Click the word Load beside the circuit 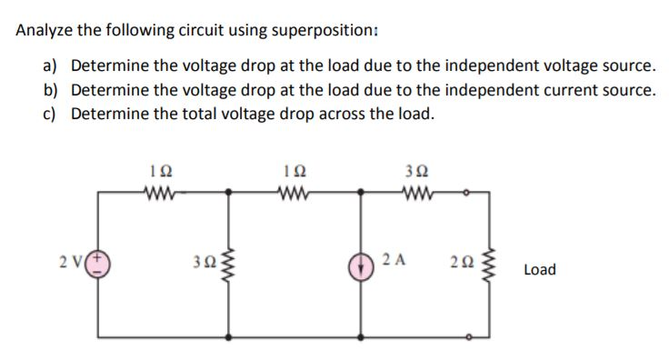click(x=540, y=270)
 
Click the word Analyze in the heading click(x=45, y=29)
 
